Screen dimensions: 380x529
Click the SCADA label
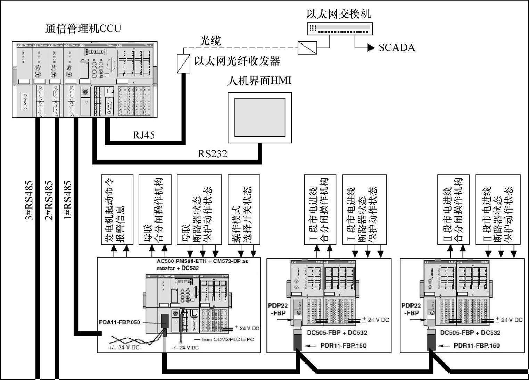tap(397, 48)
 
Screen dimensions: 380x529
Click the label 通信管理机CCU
tap(83, 28)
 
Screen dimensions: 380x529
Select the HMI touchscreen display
tap(259, 118)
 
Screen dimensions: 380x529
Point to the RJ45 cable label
tap(143, 135)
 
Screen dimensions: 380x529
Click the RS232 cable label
tap(213, 153)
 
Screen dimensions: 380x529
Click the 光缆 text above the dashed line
tap(210, 41)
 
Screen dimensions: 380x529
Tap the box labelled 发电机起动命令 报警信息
tap(117, 210)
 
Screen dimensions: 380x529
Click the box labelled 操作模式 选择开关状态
tap(244, 210)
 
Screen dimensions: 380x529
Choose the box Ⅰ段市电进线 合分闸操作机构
tap(320, 210)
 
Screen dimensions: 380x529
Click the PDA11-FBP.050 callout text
tap(119, 322)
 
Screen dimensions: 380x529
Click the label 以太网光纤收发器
tap(237, 61)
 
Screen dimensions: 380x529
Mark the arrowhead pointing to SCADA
tap(371, 48)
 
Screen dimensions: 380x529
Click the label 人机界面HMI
tap(259, 81)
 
